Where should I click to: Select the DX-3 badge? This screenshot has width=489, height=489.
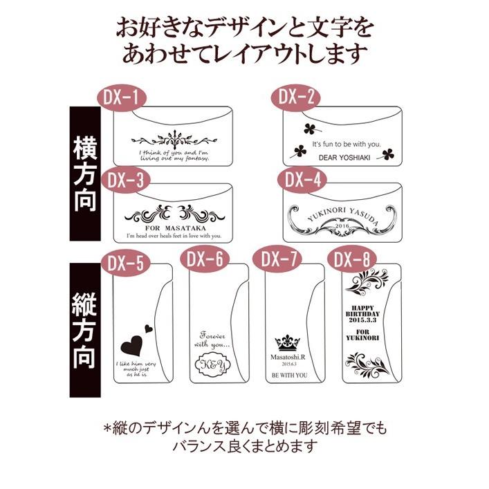(125, 181)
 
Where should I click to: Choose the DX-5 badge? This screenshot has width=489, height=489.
(124, 264)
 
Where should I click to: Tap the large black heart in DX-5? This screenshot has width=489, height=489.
(133, 345)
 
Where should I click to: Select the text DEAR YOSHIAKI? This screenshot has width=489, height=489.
(345, 157)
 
